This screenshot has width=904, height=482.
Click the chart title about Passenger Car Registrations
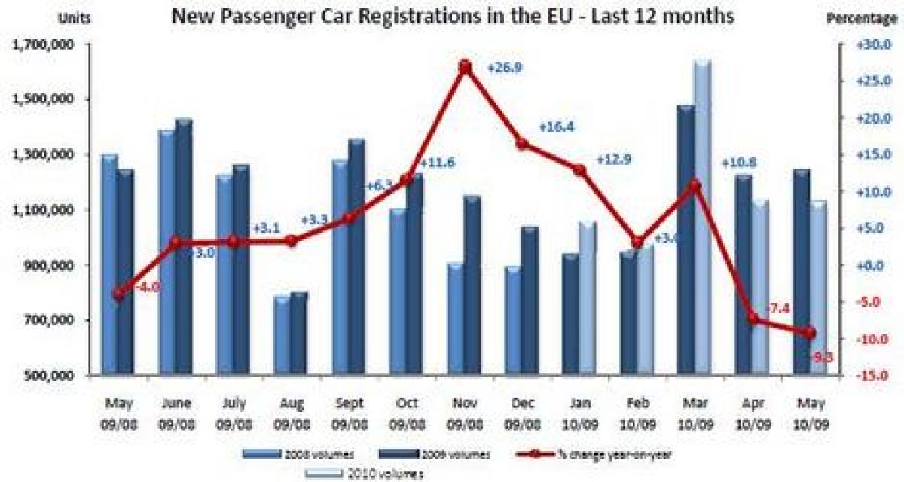pyautogui.click(x=453, y=17)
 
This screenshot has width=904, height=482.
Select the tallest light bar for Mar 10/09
pyautogui.click(x=701, y=218)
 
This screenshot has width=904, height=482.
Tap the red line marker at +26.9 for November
pyautogui.click(x=465, y=67)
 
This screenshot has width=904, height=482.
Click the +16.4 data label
pyautogui.click(x=556, y=127)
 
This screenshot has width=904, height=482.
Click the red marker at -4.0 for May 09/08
pyautogui.click(x=118, y=294)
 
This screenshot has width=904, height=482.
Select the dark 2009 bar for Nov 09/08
pyautogui.click(x=472, y=286)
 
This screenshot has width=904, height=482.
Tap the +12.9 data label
pyautogui.click(x=613, y=160)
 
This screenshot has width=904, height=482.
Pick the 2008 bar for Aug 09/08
pyautogui.click(x=282, y=336)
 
